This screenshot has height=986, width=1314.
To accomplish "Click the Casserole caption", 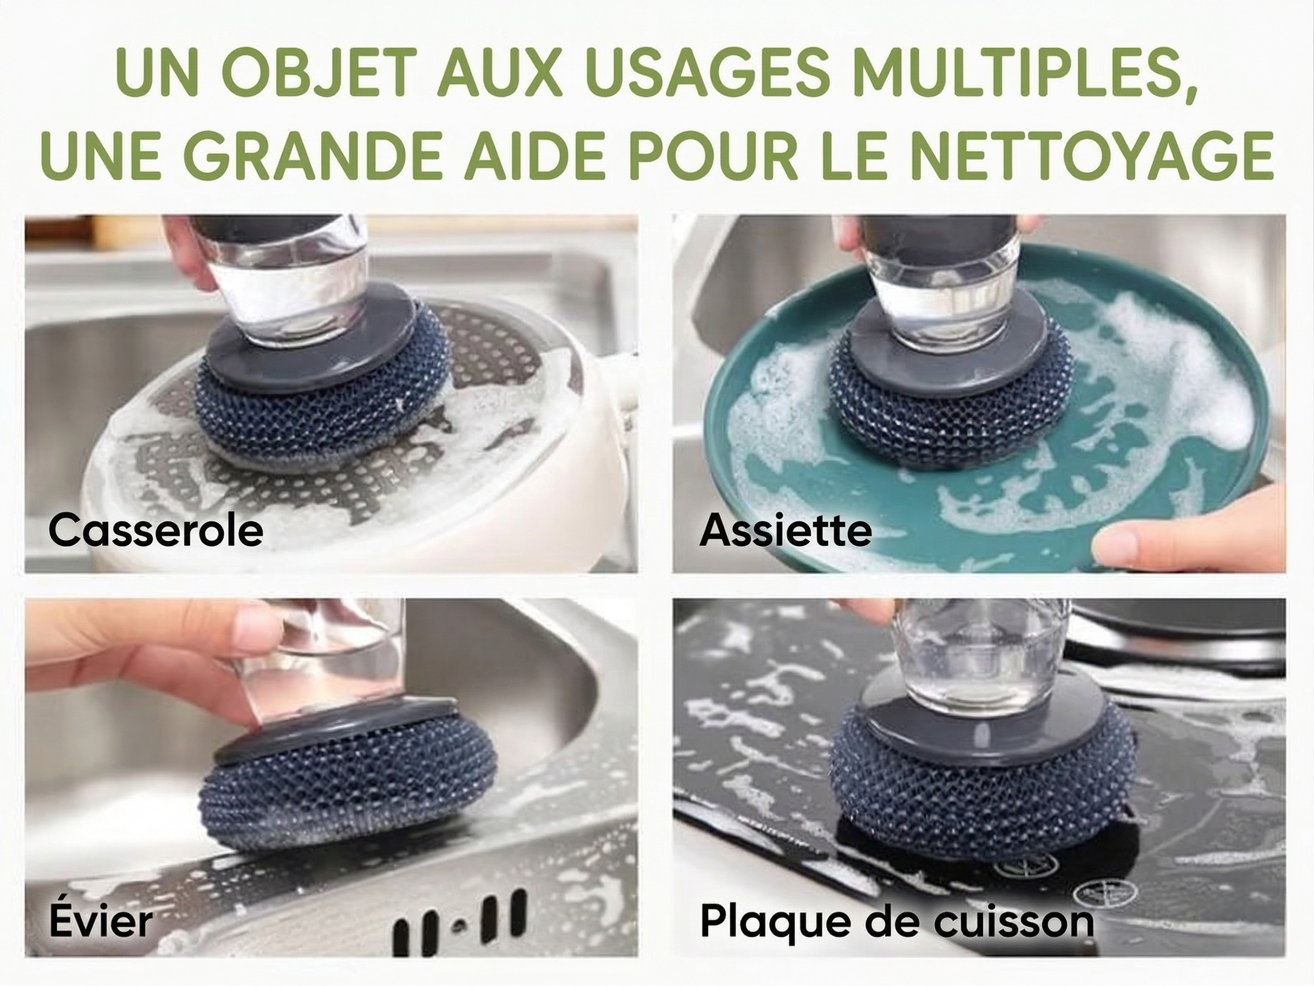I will pyautogui.click(x=156, y=530).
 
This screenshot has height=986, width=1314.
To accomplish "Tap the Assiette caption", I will pyautogui.click(x=785, y=530).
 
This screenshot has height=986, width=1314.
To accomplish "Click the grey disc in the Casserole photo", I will pyautogui.click(x=238, y=363).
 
